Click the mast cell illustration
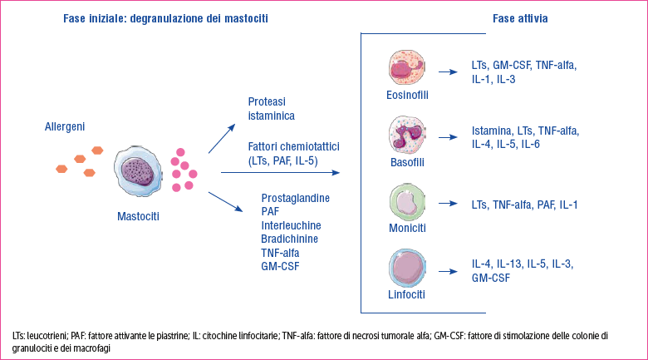click(138, 171)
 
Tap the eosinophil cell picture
click(407, 67)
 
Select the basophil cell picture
click(407, 135)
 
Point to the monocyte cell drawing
click(407, 202)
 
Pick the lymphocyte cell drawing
click(407, 269)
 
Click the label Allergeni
click(65, 126)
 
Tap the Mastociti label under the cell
click(138, 216)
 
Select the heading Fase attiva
click(520, 18)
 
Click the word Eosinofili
click(407, 95)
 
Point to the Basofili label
click(407, 162)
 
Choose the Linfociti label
click(406, 294)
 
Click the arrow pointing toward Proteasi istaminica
click(222, 139)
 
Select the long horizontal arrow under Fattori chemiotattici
click(280, 173)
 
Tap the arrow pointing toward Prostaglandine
click(226, 202)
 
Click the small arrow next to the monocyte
click(448, 204)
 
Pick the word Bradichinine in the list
click(290, 239)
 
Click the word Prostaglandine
click(296, 199)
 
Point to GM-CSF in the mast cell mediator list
click(280, 267)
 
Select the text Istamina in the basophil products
click(492, 131)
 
